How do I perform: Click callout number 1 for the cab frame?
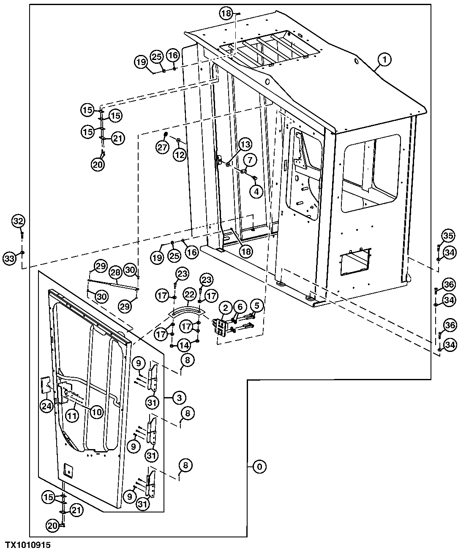tap(384, 60)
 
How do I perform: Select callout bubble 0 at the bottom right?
tap(259, 467)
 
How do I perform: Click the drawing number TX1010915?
tap(28, 545)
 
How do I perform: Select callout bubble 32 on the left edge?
tap(18, 221)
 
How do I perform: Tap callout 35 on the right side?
tap(448, 235)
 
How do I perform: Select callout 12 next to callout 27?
tap(180, 155)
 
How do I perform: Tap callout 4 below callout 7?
tap(256, 191)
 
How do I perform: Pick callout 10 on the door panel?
tap(96, 411)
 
